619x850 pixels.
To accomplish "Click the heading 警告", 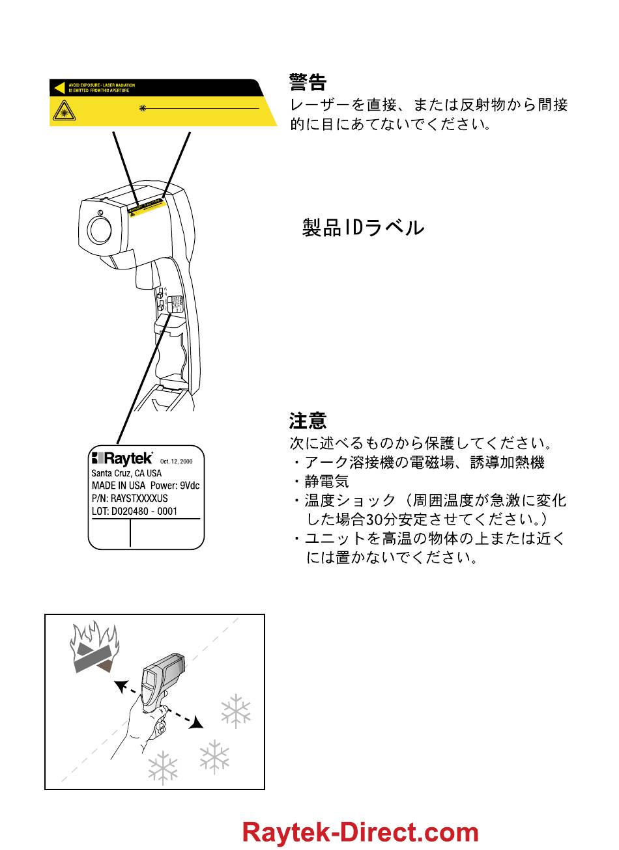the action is pos(307,83).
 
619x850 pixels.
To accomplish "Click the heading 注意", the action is pos(308,421).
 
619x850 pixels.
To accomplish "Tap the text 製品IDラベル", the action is pos(363,228).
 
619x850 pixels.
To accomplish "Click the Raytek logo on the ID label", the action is pos(122,458).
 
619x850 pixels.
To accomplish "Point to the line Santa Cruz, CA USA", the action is pos(126,473).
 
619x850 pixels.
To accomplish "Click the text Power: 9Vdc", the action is pos(175,486).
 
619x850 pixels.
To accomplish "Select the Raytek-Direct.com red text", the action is pos(360,833).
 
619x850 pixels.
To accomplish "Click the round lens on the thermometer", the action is pos(100,230).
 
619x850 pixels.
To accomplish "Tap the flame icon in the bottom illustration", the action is pos(94,648).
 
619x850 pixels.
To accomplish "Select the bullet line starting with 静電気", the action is pos(326,482).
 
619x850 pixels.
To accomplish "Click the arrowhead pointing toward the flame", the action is pos(119,685).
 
